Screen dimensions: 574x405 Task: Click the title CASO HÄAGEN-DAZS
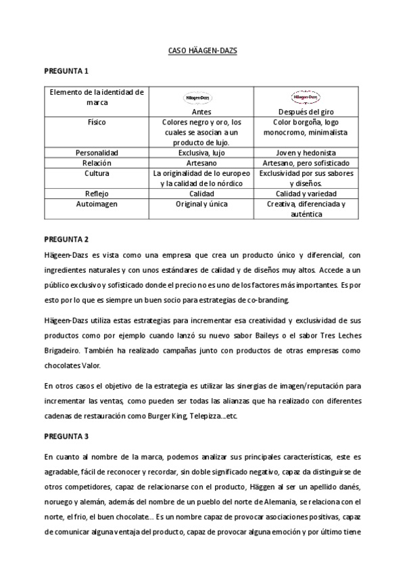[x=202, y=51]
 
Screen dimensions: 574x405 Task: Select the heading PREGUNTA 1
[x=66, y=70]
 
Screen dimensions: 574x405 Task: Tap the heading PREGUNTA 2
[x=66, y=239]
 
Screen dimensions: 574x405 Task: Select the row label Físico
[x=97, y=123]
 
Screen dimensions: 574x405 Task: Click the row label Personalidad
[x=97, y=153]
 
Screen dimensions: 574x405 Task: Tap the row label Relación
[x=97, y=163]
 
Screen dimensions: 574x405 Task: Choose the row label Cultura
[x=97, y=173]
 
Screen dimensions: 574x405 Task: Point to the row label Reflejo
[x=97, y=194]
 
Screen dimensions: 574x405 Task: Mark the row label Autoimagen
[x=97, y=204]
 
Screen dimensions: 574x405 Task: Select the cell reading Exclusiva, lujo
[x=201, y=153]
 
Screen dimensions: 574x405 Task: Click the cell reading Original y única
[x=201, y=204]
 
